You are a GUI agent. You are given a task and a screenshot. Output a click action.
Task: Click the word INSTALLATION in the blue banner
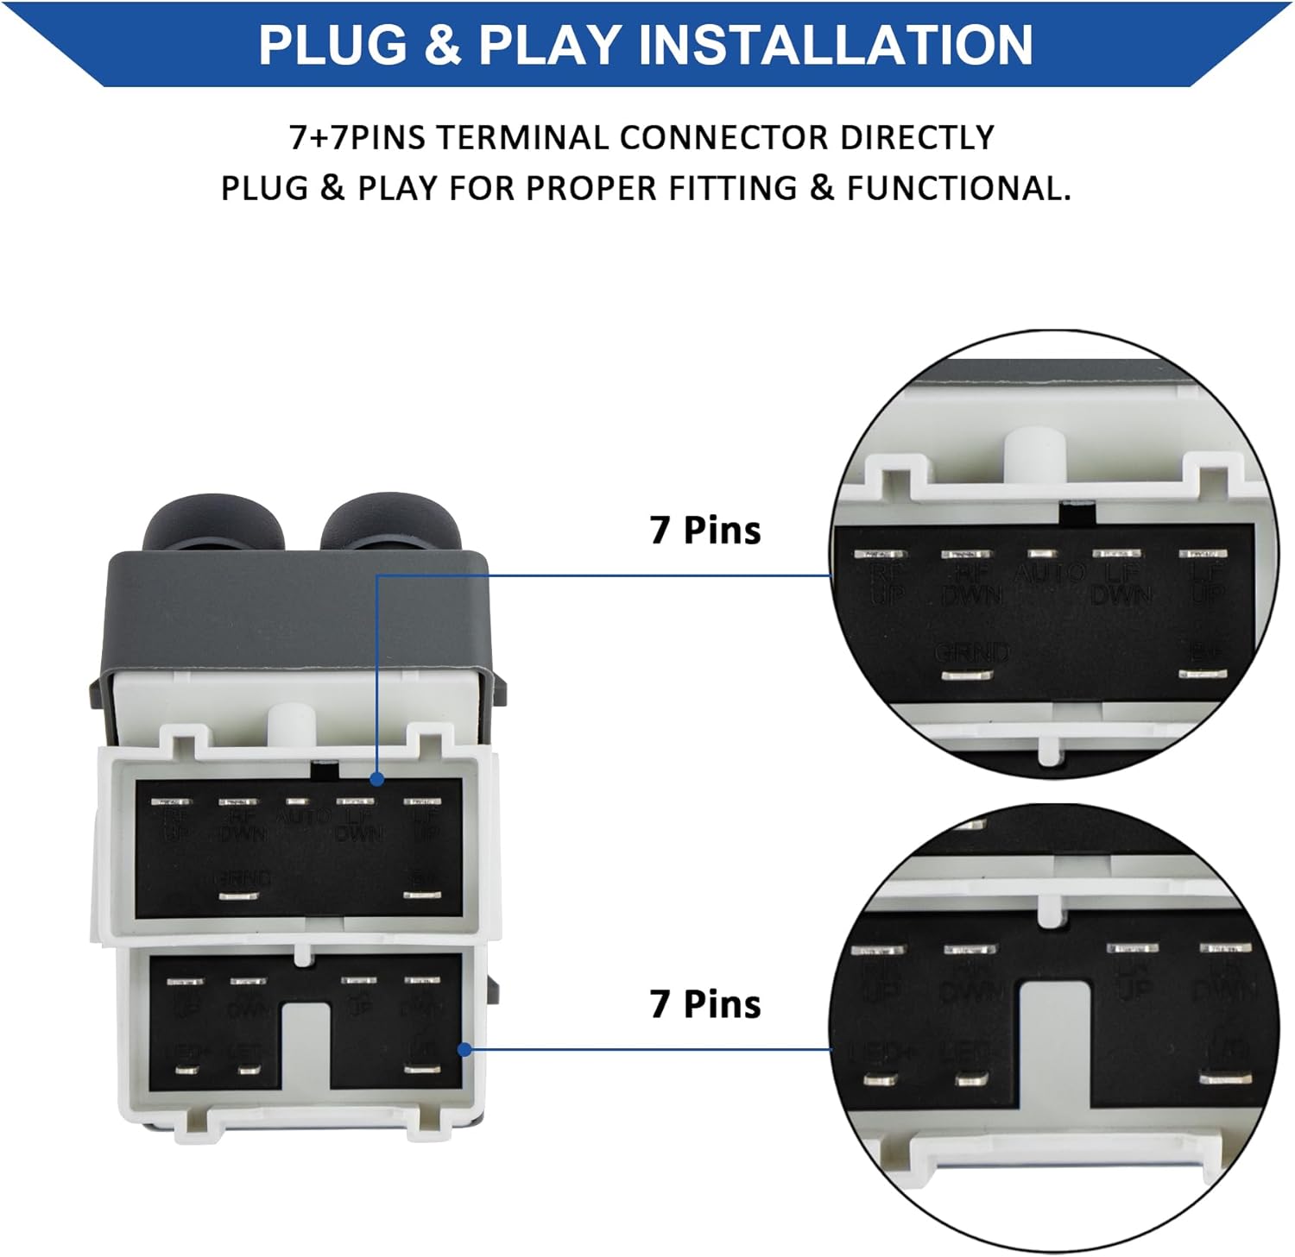835,45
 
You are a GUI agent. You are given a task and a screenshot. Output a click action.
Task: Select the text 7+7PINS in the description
357,138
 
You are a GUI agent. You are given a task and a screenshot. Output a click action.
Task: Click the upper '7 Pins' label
704,530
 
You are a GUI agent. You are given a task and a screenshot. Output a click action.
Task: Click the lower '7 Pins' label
704,1003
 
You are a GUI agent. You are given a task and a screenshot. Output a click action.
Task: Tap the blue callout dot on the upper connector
376,779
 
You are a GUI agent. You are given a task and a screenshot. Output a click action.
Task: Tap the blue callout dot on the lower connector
464,1049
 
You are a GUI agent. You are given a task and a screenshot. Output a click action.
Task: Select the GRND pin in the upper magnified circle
968,675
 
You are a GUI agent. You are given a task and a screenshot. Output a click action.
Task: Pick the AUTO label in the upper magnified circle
1049,572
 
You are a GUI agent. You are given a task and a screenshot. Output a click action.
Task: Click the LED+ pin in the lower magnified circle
880,1078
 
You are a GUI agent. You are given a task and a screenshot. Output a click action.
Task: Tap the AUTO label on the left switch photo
301,815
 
